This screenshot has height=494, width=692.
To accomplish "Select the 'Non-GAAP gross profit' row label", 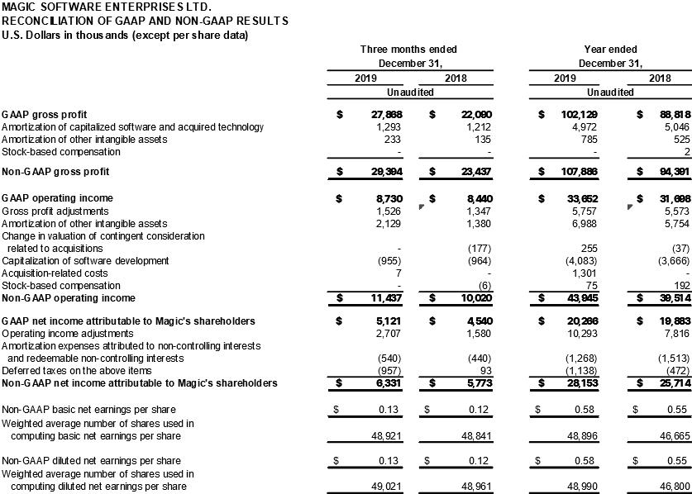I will pyautogui.click(x=55, y=172).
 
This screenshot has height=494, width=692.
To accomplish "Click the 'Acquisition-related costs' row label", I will pyautogui.click(x=55, y=273).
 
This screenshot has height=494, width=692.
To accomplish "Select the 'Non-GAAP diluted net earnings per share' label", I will pyautogui.click(x=89, y=460).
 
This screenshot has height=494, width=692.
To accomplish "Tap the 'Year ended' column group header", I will pyautogui.click(x=609, y=50).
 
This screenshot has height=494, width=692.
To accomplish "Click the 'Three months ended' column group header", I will pyautogui.click(x=408, y=50).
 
